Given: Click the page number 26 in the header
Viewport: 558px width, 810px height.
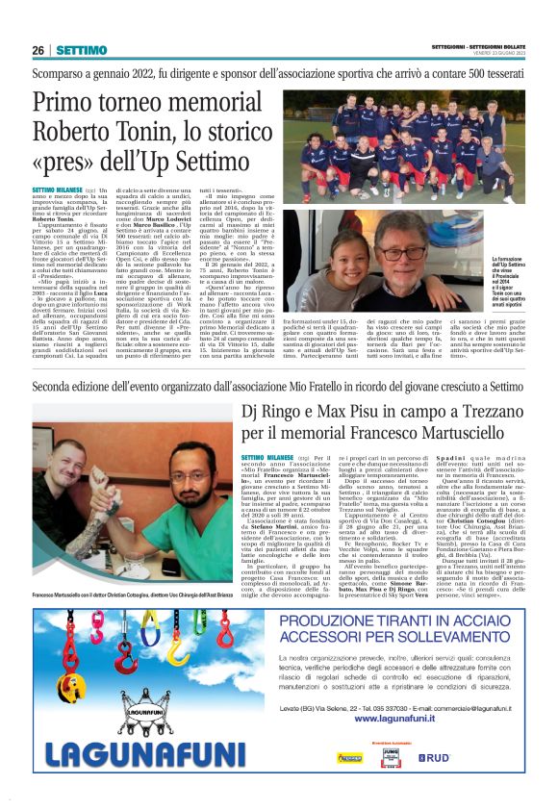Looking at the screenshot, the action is coord(38,50).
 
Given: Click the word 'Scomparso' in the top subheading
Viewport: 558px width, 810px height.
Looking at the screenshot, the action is coord(59,73).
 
